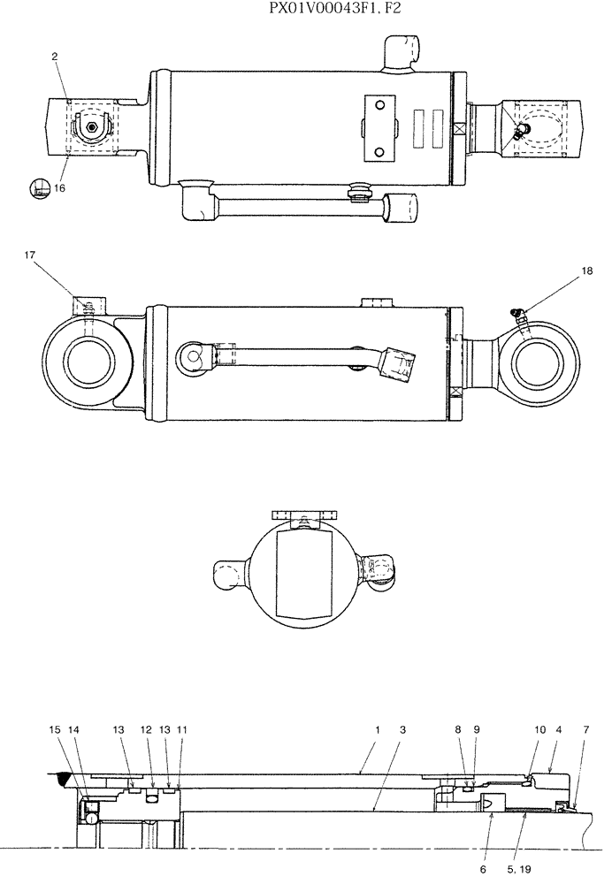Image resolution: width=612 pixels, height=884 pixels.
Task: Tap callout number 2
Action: tap(55, 57)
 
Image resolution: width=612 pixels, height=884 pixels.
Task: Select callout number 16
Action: tap(59, 188)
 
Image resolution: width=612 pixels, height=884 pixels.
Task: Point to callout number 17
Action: tap(30, 255)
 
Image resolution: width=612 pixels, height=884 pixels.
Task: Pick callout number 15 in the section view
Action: tap(55, 730)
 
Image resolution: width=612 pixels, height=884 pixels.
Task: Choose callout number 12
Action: tap(146, 730)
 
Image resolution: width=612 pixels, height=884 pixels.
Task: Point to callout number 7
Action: tap(585, 730)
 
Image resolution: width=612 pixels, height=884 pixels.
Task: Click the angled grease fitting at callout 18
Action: tap(517, 310)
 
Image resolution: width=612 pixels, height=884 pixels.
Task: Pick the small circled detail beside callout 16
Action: tap(38, 187)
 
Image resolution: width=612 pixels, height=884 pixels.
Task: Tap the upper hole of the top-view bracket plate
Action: tap(380, 106)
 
